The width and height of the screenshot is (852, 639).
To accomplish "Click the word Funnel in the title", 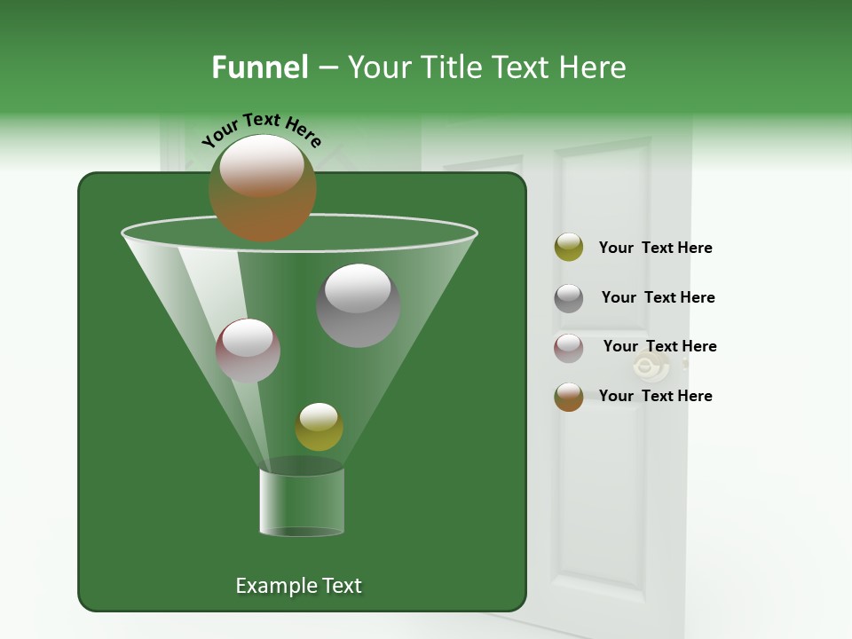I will pyautogui.click(x=259, y=67).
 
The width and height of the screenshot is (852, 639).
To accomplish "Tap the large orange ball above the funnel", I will pyautogui.click(x=262, y=187).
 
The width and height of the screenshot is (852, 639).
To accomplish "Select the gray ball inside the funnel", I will pyautogui.click(x=358, y=305).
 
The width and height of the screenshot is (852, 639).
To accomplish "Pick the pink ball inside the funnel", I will pyautogui.click(x=248, y=351).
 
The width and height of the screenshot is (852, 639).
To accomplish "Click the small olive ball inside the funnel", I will pyautogui.click(x=319, y=426).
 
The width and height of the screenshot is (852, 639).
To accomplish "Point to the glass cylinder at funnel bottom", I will pyautogui.click(x=301, y=501).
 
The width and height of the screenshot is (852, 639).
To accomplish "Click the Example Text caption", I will pyautogui.click(x=298, y=586).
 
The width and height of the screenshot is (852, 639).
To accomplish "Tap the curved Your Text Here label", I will pyautogui.click(x=262, y=130).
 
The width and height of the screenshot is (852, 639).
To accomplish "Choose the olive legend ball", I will pyautogui.click(x=569, y=248).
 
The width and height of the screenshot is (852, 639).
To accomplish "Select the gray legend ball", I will pyautogui.click(x=569, y=297).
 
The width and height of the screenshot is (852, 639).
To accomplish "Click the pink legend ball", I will pyautogui.click(x=569, y=347).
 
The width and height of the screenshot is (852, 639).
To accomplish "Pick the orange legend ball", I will pyautogui.click(x=569, y=396).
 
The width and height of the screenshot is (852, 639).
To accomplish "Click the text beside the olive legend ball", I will pyautogui.click(x=655, y=248).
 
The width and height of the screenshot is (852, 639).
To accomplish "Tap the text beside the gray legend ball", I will pyautogui.click(x=658, y=297).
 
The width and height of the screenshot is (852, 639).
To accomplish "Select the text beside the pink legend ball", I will pyautogui.click(x=659, y=346).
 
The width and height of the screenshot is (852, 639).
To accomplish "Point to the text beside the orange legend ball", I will pyautogui.click(x=655, y=396).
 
